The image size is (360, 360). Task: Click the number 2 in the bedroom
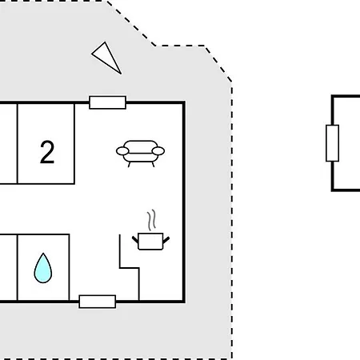coord(47,152)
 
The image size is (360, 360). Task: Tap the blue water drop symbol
coord(43,268)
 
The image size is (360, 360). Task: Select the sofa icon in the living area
coord(140,154)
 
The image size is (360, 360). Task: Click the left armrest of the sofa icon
coord(122,151)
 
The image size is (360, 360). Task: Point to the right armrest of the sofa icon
coord(158,151)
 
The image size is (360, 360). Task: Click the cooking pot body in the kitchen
coord(150,242)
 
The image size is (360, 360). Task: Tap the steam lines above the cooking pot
coord(151,220)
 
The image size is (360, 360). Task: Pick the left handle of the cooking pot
coord(135,239)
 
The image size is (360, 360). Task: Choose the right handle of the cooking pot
coord(166,239)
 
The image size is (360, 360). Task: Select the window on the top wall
coord(108,102)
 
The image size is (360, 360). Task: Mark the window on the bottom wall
coord(98,302)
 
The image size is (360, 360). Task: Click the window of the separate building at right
coord(333,143)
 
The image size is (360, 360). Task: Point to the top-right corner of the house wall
coord(184,102)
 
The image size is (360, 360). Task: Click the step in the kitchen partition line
coord(130,268)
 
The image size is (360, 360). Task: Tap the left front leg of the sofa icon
coord(129,164)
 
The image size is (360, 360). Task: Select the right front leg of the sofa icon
coord(153,164)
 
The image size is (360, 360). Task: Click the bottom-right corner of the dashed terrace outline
coord(232,359)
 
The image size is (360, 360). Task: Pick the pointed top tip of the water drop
coord(43,253)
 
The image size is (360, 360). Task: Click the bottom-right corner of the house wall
coord(184,302)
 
